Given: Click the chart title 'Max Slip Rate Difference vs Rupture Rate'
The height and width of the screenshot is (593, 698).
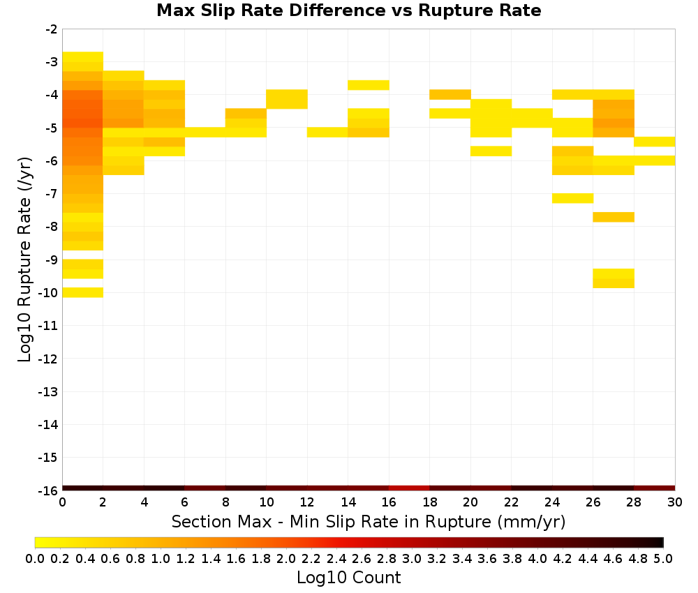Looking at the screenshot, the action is point(348,10).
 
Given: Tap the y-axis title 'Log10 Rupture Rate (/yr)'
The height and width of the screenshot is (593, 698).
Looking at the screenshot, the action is point(24,260).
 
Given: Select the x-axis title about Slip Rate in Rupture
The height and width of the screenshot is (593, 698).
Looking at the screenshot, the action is point(368,521).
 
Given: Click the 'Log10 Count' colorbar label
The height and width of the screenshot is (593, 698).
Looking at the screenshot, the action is point(348,578).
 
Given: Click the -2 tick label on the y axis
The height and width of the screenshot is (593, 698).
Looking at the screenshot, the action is point(52,29).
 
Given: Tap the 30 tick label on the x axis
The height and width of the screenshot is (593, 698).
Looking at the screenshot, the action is point(675,502).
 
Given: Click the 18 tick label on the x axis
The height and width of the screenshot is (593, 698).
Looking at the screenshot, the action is point(429,502).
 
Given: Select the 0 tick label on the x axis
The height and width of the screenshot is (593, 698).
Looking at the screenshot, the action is point(62,502).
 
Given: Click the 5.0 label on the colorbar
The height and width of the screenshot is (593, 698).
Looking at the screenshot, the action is point(663,558).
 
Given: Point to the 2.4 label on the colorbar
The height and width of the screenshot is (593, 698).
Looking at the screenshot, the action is point(336,558).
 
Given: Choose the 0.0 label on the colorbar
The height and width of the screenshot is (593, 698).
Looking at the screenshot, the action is point(35,558).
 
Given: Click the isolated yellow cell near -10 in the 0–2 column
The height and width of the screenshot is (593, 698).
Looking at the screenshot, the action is point(83,292).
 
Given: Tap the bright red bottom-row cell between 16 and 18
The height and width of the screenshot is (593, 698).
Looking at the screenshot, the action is point(409,488).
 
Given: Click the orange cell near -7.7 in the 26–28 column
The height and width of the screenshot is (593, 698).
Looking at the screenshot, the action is point(614,217).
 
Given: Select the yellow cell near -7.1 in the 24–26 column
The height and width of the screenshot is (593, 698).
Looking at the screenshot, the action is point(572,198).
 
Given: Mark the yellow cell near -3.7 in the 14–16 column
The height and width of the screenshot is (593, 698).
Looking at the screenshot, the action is point(369,85).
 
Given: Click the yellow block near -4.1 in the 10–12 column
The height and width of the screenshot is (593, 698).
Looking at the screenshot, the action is point(287,99).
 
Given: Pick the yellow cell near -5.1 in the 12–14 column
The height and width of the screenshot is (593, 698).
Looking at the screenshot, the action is point(327,132).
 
